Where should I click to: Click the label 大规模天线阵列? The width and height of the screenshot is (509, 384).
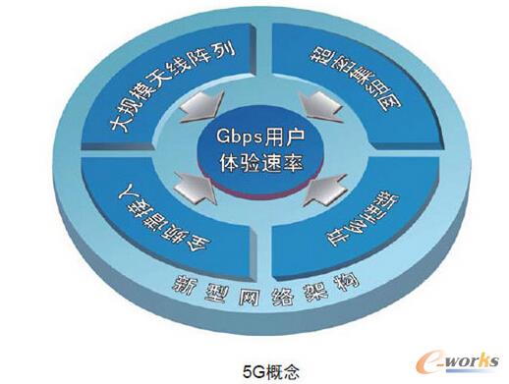click(167, 87)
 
